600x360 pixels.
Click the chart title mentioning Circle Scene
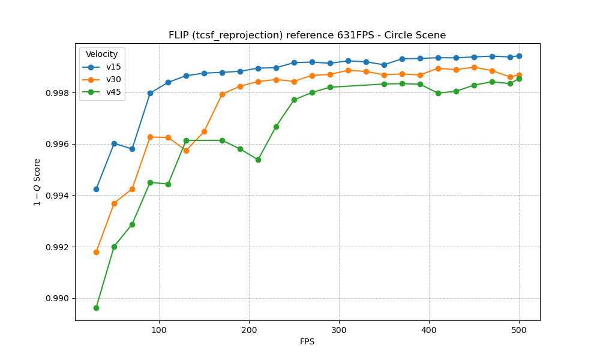point(307,35)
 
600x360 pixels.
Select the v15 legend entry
point(113,67)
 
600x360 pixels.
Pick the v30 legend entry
point(113,79)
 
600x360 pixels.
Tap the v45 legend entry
point(113,92)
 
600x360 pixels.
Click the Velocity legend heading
point(102,55)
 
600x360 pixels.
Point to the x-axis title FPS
point(307,342)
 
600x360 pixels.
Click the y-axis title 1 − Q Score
point(38,182)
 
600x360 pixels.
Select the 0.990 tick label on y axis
point(58,299)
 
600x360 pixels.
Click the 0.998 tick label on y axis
point(58,93)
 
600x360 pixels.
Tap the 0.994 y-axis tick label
point(58,196)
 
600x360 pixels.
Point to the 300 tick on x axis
point(339,330)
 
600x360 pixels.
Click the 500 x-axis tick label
point(519,330)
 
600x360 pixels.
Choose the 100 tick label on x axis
point(159,330)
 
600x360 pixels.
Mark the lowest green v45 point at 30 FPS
point(96,308)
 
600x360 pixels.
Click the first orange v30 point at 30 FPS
point(96,252)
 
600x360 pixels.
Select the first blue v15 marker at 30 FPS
point(96,189)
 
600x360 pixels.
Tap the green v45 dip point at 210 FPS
point(258,160)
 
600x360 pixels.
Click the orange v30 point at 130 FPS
point(186,151)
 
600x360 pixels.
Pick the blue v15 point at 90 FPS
point(150,93)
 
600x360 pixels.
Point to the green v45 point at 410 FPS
point(438,93)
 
